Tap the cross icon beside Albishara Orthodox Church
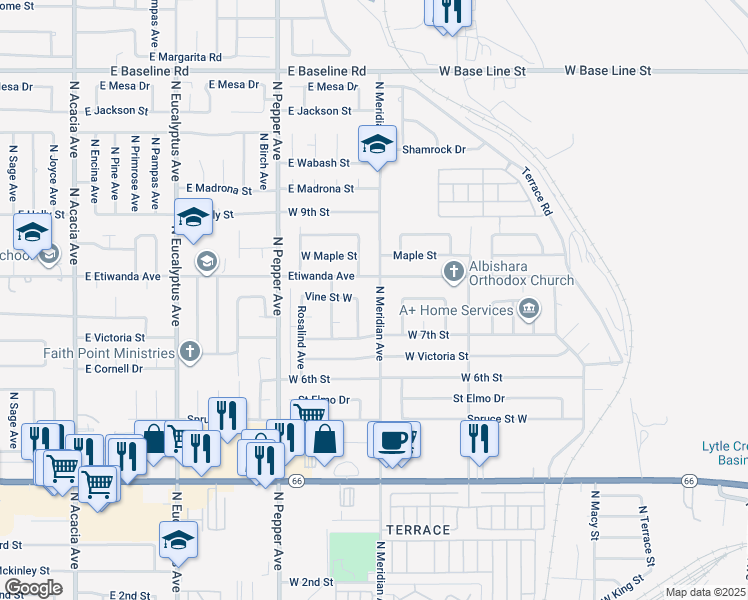click(453, 271)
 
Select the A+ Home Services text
click(456, 310)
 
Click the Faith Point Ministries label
click(109, 353)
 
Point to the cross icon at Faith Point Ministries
click(190, 351)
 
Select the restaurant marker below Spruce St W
click(480, 436)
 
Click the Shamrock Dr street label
click(434, 150)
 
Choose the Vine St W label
click(329, 297)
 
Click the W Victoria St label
click(436, 356)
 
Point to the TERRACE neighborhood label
click(417, 530)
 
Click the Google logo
click(33, 588)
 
